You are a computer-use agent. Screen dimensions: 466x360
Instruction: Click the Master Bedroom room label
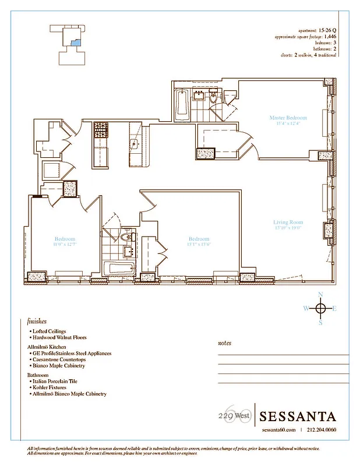point(288,118)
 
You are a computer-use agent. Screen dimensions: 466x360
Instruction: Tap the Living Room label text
point(288,222)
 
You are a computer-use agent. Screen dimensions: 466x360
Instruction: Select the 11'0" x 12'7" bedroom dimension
point(65,245)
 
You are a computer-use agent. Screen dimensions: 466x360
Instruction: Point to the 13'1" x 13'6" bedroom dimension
point(199,245)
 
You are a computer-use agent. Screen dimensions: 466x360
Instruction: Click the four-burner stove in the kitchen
point(101,129)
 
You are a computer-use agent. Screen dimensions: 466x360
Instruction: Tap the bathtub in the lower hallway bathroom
point(119,269)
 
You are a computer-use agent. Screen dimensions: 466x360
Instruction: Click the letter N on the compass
point(320,294)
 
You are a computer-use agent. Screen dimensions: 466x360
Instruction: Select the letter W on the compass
point(305,308)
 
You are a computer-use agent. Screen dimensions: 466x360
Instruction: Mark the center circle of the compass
point(320,308)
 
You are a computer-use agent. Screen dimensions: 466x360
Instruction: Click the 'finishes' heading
point(37,321)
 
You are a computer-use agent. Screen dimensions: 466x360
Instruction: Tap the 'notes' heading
point(225,343)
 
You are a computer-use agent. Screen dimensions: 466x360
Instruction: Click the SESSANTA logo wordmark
point(298,416)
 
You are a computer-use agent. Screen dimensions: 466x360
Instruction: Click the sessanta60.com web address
point(278,430)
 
